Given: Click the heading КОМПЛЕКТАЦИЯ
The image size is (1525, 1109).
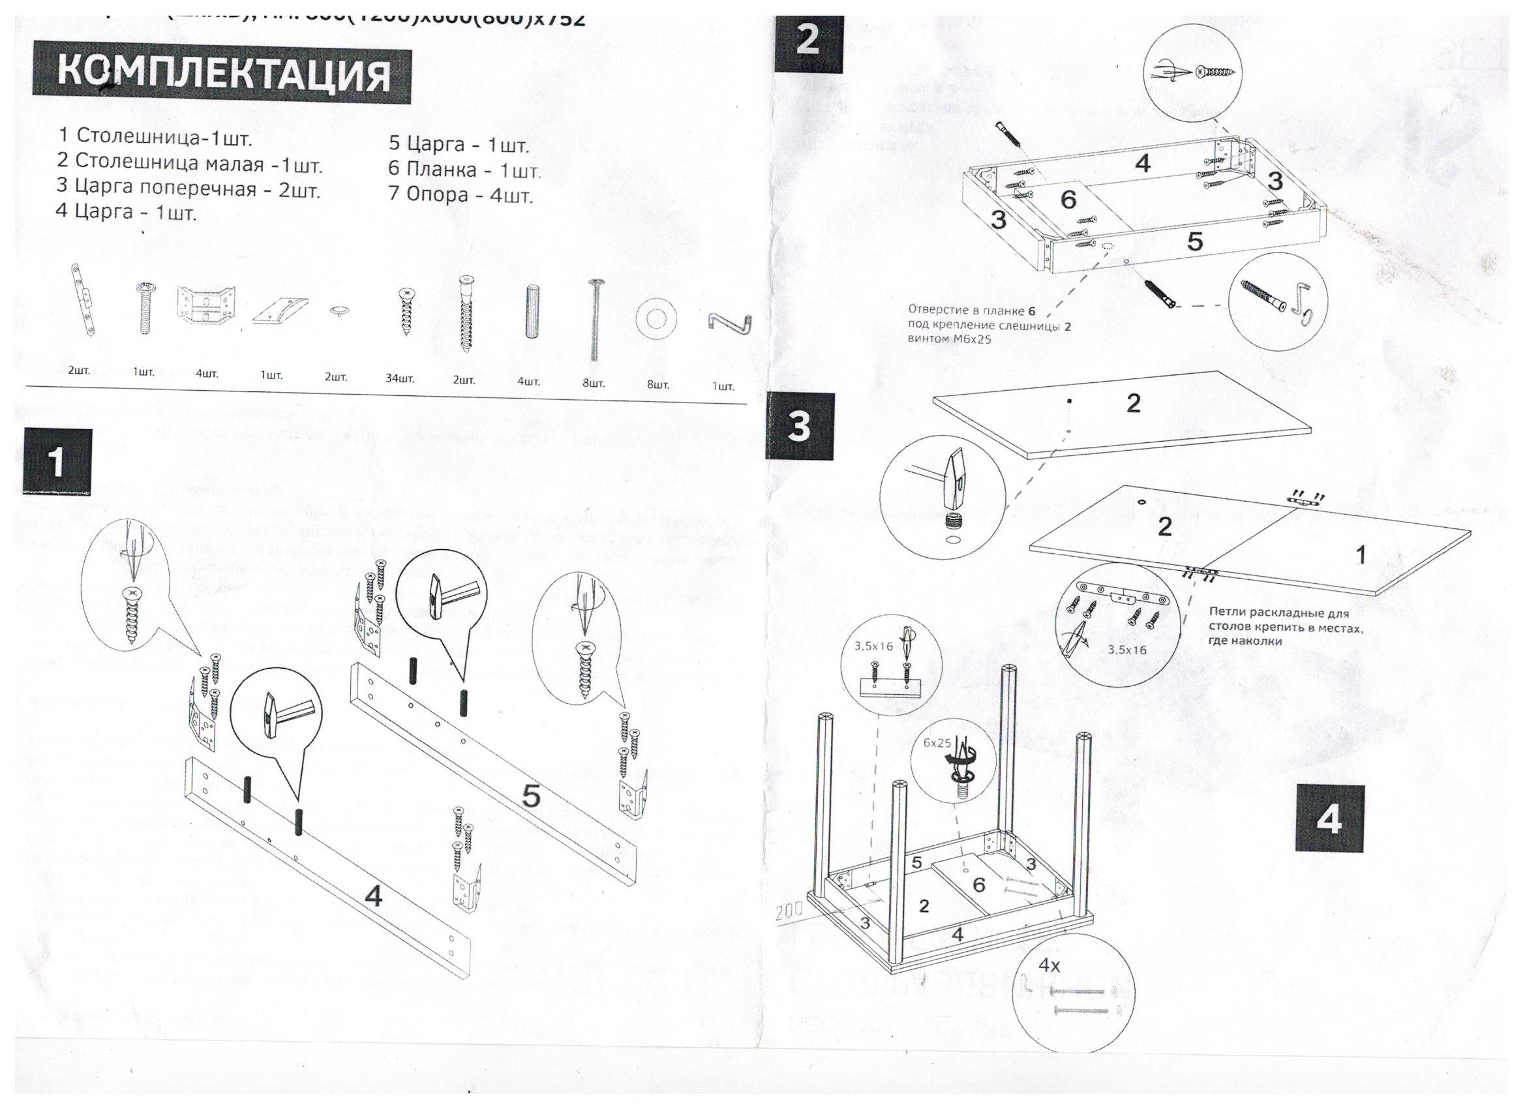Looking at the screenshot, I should [x=222, y=74].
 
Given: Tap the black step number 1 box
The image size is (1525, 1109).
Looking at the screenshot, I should [x=57, y=463].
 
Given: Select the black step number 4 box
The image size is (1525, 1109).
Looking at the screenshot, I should [x=1329, y=819].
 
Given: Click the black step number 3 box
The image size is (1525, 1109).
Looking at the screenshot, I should [x=800, y=427].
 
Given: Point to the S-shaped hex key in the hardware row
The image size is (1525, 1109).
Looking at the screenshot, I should [x=729, y=322].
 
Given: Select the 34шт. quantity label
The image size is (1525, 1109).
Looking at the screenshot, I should [x=399, y=378].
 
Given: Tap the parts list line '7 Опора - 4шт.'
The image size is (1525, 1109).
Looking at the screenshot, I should [x=461, y=195].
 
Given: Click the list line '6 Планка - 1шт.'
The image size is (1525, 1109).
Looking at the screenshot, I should [x=464, y=170].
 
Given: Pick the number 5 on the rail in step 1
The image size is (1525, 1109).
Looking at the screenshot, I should [x=530, y=797].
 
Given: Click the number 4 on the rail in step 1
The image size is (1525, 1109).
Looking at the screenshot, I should [x=373, y=896].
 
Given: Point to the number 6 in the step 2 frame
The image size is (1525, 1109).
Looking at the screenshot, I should [x=1068, y=199].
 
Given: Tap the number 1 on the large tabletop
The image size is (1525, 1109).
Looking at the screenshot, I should [x=1360, y=555].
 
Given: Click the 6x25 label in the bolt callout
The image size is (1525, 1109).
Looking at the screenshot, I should [x=937, y=743].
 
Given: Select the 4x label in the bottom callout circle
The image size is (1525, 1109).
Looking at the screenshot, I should [x=1049, y=965].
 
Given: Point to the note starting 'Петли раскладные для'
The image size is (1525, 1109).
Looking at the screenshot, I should [x=1285, y=626].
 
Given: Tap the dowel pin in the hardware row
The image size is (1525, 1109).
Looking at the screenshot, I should [x=532, y=311].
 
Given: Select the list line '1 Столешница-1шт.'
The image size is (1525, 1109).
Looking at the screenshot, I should [x=155, y=136].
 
